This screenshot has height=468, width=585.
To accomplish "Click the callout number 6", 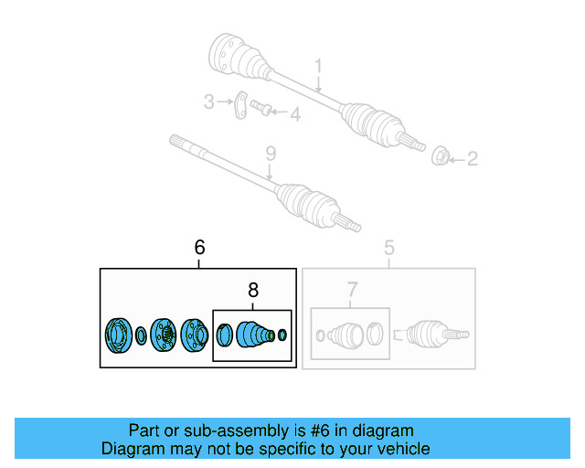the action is pos(199,247).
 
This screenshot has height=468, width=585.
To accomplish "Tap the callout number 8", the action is pos(253,290).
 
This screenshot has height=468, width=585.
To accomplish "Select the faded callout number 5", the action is pos(389,248).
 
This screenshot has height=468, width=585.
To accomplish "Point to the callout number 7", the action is pos(352,290).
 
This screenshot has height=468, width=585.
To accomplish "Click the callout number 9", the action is pos(271,154).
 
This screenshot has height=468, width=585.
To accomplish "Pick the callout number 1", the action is pos(318,66).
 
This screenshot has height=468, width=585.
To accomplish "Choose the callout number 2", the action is pos(473,159).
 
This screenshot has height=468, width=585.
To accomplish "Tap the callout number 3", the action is pos(209,101).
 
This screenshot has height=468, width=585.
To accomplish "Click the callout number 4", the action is pos(295,114).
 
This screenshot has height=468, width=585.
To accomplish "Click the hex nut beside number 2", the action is pos(440,156).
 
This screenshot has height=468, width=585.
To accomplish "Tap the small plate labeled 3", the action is pos(240,104).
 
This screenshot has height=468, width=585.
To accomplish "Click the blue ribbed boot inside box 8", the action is pos(255,334).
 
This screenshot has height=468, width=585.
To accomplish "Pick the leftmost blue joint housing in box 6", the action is pos(118,335).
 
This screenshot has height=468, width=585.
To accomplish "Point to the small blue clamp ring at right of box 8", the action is pos(282,335).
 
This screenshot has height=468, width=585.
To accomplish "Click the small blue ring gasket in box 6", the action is pos(141,335).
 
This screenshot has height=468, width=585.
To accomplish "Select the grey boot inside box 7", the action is pos(346,335).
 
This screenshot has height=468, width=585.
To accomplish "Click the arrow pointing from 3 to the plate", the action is pos(225,101).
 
